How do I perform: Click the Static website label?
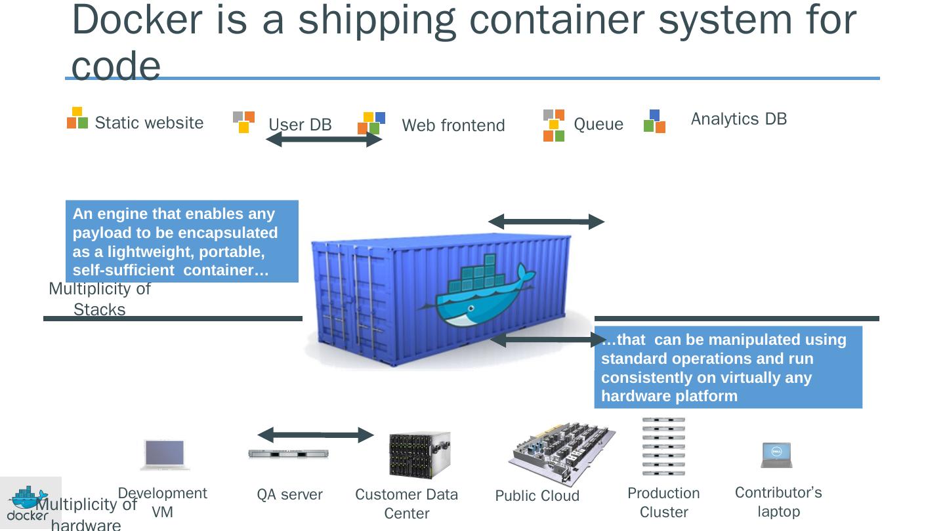pos(149,123)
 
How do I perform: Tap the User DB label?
pos(300,125)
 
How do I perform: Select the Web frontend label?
pos(453,125)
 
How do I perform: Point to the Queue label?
pos(598,124)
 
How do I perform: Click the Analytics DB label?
pos(738,119)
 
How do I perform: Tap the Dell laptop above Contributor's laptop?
pos(776,454)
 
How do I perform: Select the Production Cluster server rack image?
pos(663,446)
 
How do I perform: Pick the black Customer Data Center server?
pos(419,454)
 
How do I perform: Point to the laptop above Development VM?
pos(165,454)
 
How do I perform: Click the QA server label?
pos(289,495)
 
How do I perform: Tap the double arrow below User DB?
pos(324,140)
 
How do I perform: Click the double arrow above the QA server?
pos(315,435)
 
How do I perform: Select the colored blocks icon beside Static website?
pos(77,118)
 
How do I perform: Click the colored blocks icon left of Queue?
pos(554,125)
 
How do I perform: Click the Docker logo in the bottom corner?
pos(28,503)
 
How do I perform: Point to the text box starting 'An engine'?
pos(182,241)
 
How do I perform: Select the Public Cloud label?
pos(537,496)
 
